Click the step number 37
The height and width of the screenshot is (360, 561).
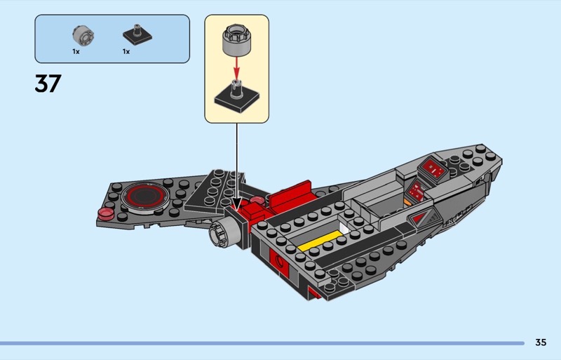[48, 84]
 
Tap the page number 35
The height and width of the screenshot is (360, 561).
[540, 342]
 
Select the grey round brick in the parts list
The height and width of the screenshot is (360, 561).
[83, 34]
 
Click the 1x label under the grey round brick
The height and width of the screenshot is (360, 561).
[76, 52]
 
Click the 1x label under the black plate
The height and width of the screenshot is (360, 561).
[126, 52]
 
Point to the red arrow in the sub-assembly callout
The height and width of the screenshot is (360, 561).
[236, 68]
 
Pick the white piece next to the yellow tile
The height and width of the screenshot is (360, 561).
[342, 229]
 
